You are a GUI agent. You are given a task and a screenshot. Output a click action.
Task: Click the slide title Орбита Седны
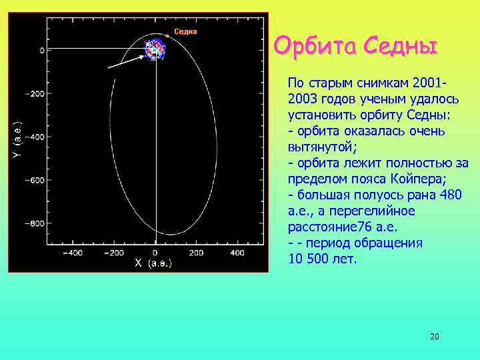(x=356, y=47)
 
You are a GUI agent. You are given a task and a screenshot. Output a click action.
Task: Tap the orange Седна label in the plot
(x=185, y=31)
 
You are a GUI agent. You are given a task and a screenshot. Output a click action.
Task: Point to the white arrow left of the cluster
(x=126, y=63)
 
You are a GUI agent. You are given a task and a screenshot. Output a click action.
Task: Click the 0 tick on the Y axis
(x=41, y=50)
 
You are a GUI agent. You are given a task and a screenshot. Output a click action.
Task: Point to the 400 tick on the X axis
(x=237, y=253)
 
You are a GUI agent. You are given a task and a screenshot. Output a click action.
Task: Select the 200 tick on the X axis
(x=196, y=253)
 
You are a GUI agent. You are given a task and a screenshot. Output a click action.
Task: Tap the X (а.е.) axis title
(x=153, y=263)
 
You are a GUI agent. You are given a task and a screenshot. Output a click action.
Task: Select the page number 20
(x=434, y=337)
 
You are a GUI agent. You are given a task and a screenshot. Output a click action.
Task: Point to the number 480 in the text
(x=442, y=195)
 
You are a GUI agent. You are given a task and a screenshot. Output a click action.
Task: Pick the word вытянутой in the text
(x=317, y=147)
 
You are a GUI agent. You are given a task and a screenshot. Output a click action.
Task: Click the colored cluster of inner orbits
(x=156, y=49)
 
